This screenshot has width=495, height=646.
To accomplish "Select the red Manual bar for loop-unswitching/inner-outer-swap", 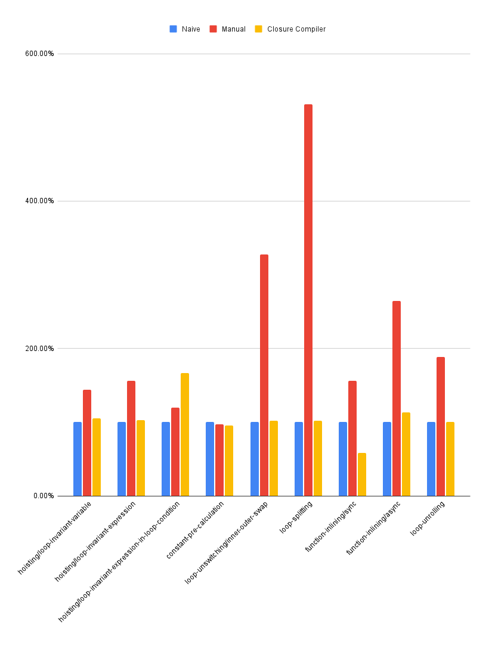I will pyautogui.click(x=264, y=375).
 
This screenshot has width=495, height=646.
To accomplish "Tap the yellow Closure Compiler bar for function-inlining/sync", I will pyautogui.click(x=362, y=474).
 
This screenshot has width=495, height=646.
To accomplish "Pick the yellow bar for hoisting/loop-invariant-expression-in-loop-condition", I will pyautogui.click(x=185, y=434).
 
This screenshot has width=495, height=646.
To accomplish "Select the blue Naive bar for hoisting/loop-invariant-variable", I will pyautogui.click(x=78, y=459).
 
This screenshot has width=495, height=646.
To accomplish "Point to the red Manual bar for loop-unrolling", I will pyautogui.click(x=441, y=426).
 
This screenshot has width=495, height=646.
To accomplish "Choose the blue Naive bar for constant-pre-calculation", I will pyautogui.click(x=210, y=459).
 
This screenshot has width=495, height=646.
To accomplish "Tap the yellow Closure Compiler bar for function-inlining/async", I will pyautogui.click(x=406, y=454).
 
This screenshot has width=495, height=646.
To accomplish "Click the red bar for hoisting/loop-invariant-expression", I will pyautogui.click(x=131, y=438).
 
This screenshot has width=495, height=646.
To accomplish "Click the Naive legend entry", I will pyautogui.click(x=185, y=29).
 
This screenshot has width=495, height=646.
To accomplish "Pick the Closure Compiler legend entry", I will pyautogui.click(x=290, y=29).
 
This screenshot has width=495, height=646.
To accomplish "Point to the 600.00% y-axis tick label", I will pyautogui.click(x=39, y=54).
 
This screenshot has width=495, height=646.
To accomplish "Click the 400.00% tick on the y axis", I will pyautogui.click(x=39, y=201).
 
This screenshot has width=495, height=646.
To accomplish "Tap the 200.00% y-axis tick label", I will pyautogui.click(x=39, y=349).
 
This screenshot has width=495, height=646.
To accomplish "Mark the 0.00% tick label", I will pyautogui.click(x=43, y=496).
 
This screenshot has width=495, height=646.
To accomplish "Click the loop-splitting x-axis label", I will pyautogui.click(x=296, y=517).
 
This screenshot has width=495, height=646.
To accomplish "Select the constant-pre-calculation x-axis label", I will pyautogui.click(x=195, y=530).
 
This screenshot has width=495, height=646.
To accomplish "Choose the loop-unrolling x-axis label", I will pyautogui.click(x=428, y=518).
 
